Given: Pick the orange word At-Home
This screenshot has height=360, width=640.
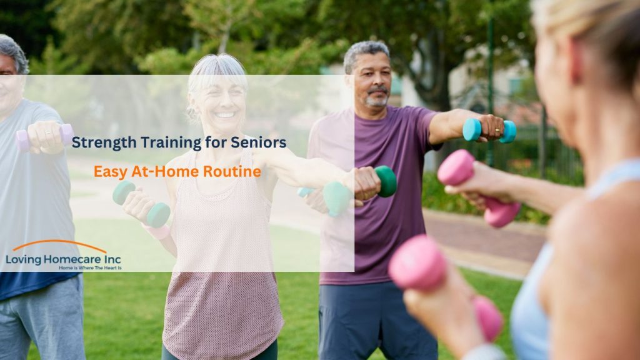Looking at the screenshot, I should [x=169, y=171].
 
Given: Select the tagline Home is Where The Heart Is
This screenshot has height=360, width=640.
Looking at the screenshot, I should [x=89, y=267].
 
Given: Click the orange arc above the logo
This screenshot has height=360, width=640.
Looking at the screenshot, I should [x=59, y=244].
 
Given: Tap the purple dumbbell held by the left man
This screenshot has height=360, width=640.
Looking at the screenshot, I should [x=44, y=136].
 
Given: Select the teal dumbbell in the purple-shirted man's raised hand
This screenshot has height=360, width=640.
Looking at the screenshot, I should [x=489, y=131].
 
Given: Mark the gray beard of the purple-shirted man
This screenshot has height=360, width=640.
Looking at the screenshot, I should [x=377, y=100].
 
